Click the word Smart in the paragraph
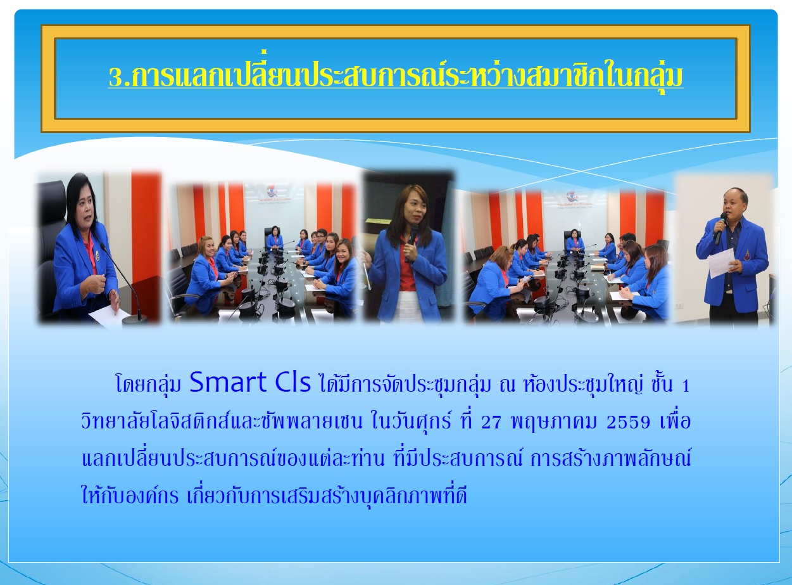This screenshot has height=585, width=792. [x=228, y=382]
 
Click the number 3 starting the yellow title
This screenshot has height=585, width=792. [x=116, y=77]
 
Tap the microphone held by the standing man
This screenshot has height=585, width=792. [x=720, y=227]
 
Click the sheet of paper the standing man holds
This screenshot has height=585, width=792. [x=721, y=263]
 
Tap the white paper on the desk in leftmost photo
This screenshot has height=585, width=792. [x=109, y=316]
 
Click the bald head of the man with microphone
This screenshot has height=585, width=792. [x=734, y=195]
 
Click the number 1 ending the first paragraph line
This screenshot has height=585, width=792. [x=685, y=387]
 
